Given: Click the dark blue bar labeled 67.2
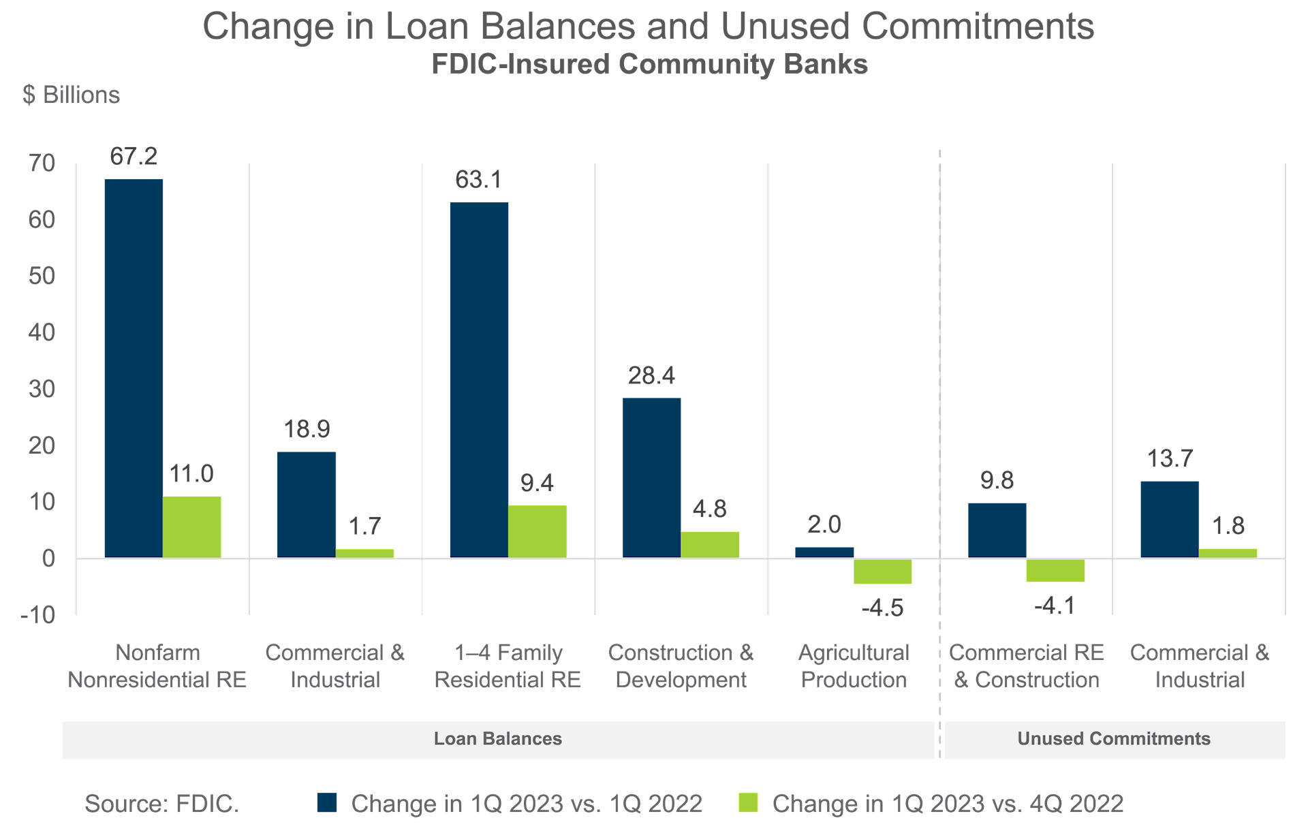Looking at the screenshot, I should pos(134,368).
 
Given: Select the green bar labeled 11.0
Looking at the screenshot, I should pos(191,526).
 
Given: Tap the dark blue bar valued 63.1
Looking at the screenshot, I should pos(479,379).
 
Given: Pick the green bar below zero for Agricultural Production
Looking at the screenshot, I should pos(882,571).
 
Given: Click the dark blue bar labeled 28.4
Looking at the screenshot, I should pos(651,477).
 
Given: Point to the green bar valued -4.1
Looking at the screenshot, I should pos(1055,570).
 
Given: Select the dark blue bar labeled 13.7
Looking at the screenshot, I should pos(1169,519).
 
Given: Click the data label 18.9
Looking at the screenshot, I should pos(307,429).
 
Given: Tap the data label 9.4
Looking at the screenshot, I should pos(537,484).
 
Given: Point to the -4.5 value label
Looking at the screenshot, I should pos(882,608).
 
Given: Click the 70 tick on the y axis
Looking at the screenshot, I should pos(42,163).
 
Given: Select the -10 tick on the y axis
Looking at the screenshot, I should pos(37,616).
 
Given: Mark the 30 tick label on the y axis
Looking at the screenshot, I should pos(42,390).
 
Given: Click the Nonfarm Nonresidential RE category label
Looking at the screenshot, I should pos(157,666).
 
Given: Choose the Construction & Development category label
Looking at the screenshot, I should pos(681,666).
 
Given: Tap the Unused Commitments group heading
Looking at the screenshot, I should pos(1113,739).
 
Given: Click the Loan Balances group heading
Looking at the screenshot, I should pos(497,739).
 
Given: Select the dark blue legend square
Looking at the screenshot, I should pos(327,803).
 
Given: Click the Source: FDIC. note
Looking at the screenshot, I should pos(161,804).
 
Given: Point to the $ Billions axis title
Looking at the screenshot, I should pos(71,95).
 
